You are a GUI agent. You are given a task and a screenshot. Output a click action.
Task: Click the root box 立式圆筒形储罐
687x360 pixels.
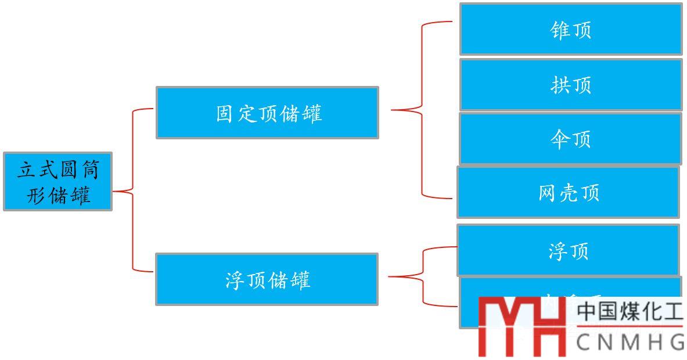coord(57,181)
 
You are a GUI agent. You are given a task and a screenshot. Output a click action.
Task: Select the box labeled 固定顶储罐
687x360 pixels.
coord(267,113)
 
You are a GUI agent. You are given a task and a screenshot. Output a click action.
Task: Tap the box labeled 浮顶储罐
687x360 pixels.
coord(267,279)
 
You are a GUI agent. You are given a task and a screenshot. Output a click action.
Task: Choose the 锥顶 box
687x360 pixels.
coord(570,29)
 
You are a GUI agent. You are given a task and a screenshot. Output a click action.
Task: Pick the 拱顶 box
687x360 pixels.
coord(570,85)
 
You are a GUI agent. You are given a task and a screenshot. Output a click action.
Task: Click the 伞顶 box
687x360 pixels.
coord(570,139)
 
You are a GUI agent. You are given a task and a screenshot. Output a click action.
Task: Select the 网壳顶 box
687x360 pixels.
coord(567,192)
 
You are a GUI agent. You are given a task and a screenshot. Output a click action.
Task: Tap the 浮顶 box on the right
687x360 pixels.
coord(567,250)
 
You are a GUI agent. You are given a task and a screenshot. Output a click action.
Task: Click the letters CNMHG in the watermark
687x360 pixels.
coord(631,342)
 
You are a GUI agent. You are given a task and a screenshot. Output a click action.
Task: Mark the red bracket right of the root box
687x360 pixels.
coord(133,190)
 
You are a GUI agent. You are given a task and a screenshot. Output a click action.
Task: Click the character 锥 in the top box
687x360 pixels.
coord(559,30)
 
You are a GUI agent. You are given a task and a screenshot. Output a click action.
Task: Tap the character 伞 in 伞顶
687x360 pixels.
coord(559,139)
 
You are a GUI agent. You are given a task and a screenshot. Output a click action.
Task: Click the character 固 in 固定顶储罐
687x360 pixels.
coord(225,113)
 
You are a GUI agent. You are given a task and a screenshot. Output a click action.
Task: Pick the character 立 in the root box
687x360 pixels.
coord(26,170)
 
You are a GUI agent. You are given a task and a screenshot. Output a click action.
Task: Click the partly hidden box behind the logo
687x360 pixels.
coord(467,302)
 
